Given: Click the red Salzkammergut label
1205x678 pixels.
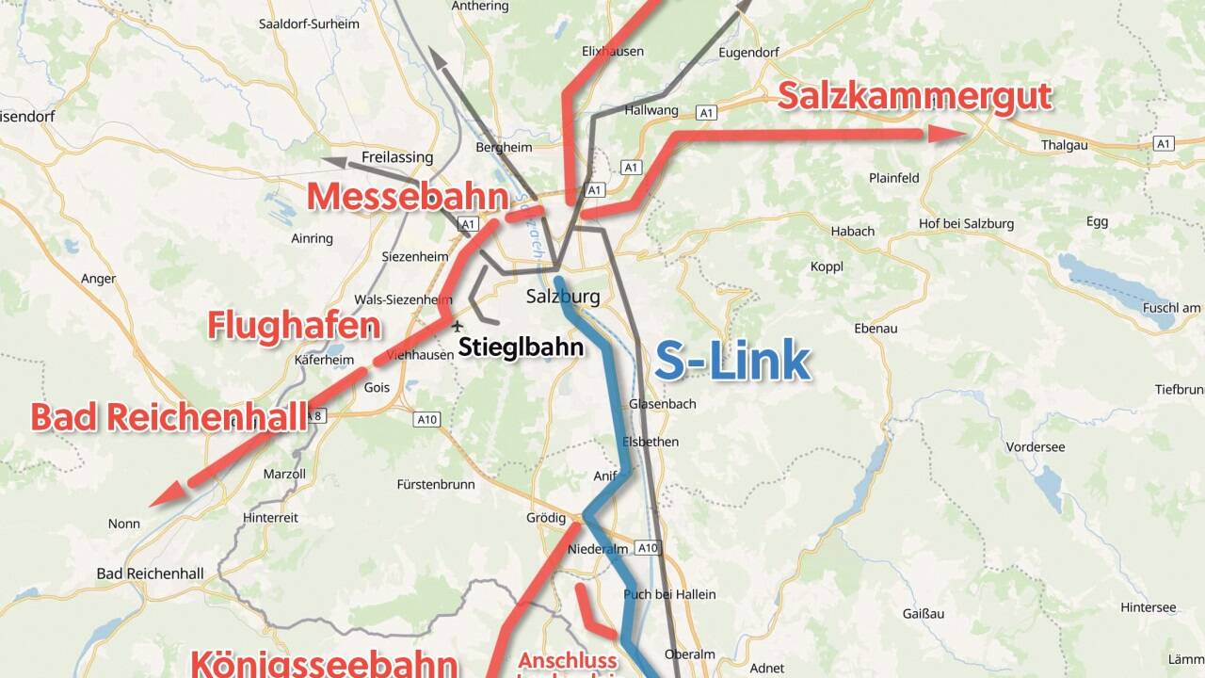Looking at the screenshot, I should (x=914, y=97).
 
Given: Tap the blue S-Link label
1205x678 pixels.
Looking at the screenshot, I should (x=732, y=362).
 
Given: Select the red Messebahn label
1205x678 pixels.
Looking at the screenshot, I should (x=407, y=197).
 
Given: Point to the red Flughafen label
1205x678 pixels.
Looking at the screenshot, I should (x=294, y=326).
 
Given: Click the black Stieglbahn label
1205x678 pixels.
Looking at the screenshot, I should (x=521, y=347).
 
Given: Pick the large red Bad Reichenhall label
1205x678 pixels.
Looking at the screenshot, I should (x=169, y=417).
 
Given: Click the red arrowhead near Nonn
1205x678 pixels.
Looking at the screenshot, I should (x=168, y=492).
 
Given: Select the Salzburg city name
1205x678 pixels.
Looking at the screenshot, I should (x=562, y=297).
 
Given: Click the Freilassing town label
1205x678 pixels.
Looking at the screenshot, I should (x=396, y=157).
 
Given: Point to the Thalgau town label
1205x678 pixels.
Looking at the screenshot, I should (x=1066, y=146).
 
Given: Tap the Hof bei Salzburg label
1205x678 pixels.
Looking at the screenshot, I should (x=966, y=223).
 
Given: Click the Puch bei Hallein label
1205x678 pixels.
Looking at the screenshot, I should (x=669, y=594).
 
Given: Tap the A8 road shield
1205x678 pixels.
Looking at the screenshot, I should (x=318, y=415).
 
